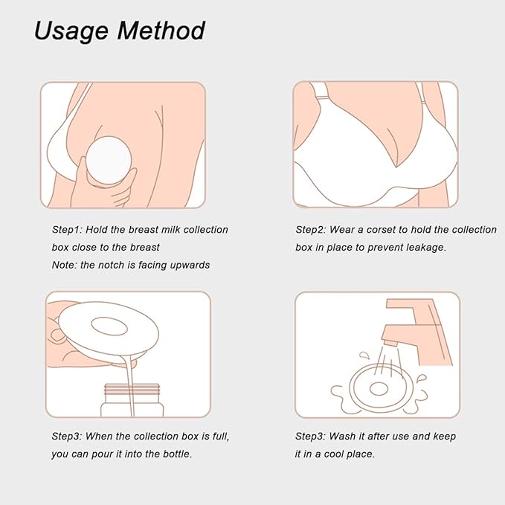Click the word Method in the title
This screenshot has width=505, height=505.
[162, 31]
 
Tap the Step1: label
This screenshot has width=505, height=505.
[70, 230]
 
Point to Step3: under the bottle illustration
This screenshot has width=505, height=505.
[70, 437]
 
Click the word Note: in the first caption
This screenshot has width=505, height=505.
[67, 265]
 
